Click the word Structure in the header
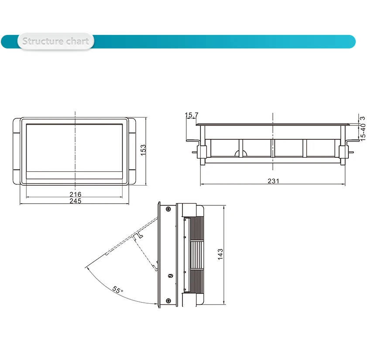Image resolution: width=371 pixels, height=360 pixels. point(43,42)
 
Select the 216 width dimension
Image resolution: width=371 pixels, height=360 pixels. point(76,194)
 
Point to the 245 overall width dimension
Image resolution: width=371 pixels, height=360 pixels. point(76,201)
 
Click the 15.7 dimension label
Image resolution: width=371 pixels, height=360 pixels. point(191,115)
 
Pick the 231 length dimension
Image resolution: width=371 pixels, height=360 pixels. point(273,181)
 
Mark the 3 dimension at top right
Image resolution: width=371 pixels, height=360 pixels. point(363,118)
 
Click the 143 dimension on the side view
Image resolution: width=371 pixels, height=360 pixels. point(220,255)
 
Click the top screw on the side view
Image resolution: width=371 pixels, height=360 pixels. point(168,208)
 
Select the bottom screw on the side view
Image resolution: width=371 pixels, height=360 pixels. point(168,301)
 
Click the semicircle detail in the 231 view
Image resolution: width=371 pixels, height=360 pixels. point(240,153)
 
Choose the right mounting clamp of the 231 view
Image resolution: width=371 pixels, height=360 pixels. point(344,151)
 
